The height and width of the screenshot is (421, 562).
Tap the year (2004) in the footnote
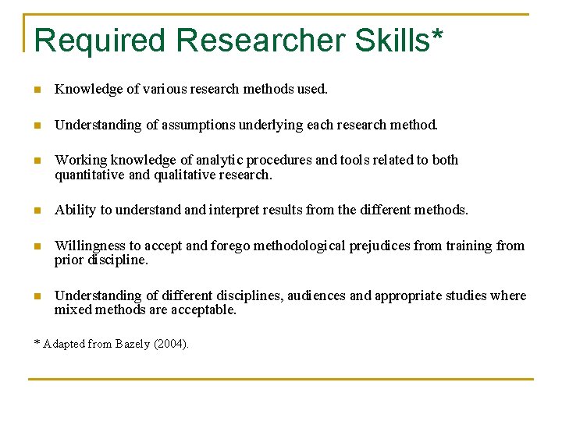point(173,344)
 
